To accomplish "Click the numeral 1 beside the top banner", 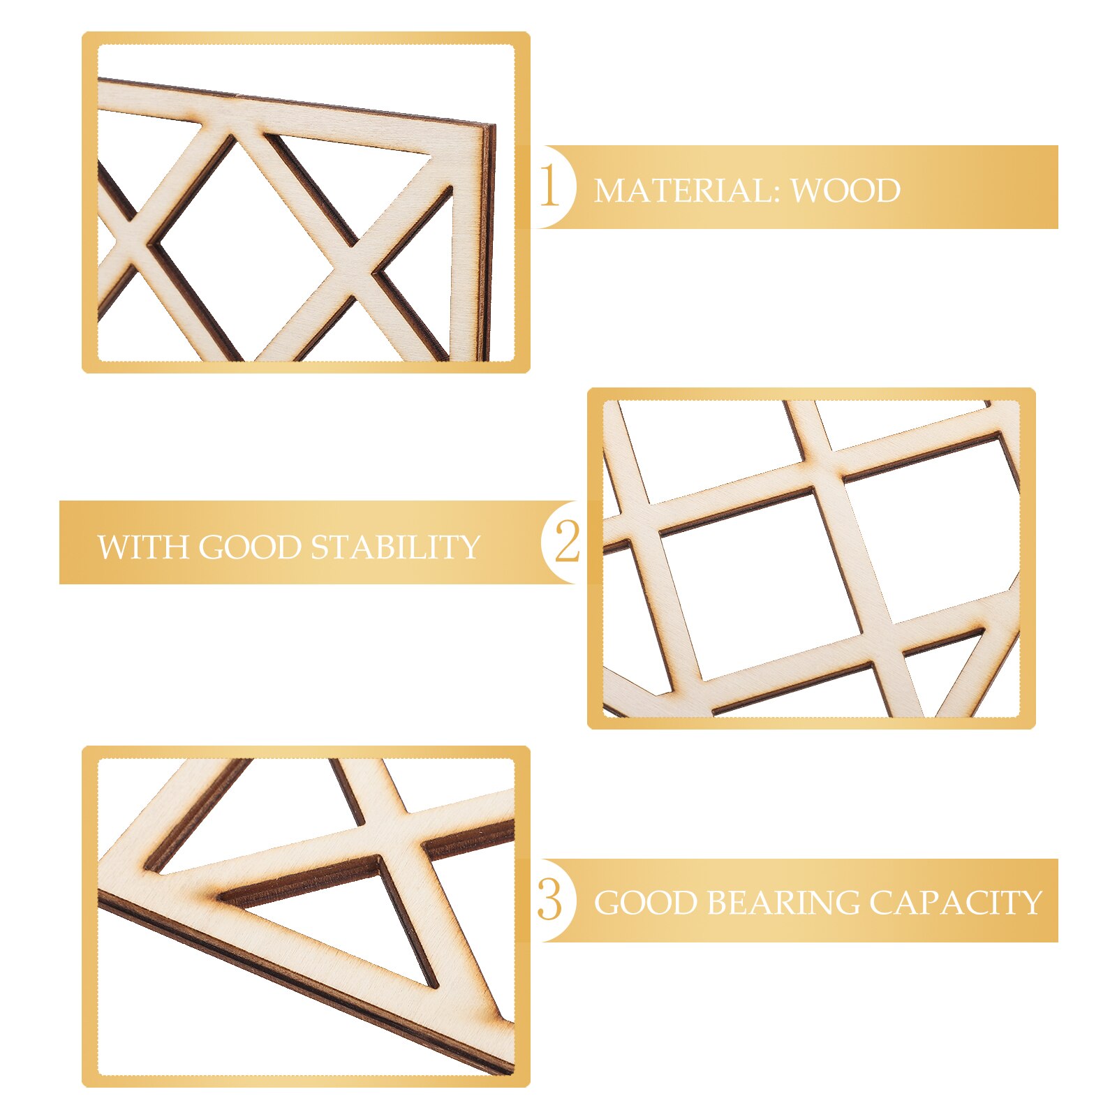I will click(x=549, y=186).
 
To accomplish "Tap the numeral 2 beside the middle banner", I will click(x=566, y=542).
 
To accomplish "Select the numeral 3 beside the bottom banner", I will click(x=549, y=900).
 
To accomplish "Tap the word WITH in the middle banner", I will click(x=142, y=547).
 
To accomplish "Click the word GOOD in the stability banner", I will click(x=249, y=547).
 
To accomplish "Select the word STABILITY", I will click(x=396, y=547).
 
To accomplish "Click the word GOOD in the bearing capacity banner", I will click(x=644, y=903).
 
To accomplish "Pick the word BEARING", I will click(x=783, y=903).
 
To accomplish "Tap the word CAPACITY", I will click(x=955, y=903).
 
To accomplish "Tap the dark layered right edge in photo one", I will click(x=488, y=244).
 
